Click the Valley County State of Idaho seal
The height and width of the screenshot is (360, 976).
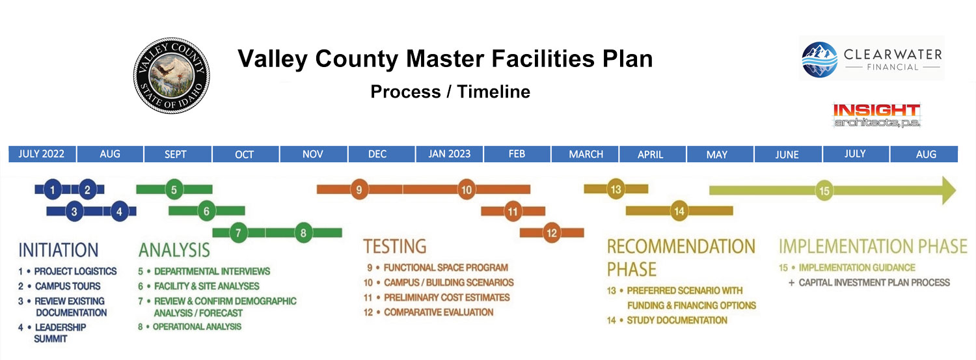(171, 76)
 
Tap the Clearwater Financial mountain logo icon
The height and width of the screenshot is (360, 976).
(819, 60)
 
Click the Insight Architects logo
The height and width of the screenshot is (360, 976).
(876, 115)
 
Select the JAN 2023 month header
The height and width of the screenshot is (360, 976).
(449, 154)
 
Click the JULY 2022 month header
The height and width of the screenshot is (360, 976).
(42, 154)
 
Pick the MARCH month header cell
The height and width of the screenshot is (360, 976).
(585, 154)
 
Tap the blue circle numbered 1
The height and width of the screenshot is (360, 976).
(53, 189)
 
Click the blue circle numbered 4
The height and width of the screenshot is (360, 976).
(119, 212)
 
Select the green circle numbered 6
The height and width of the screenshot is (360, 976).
(206, 212)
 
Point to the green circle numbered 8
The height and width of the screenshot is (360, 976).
(303, 233)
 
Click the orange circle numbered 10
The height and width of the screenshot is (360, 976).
(467, 189)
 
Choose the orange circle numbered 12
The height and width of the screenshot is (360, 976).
(552, 233)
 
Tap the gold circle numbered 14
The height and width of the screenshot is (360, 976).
(679, 212)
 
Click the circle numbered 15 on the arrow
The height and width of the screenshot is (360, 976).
(824, 191)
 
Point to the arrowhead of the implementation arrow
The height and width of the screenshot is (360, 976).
(949, 191)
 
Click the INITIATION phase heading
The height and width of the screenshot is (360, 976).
(59, 250)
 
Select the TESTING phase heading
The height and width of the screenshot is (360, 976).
(395, 246)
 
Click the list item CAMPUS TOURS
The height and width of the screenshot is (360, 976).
(68, 286)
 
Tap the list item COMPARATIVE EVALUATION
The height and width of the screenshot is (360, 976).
(439, 312)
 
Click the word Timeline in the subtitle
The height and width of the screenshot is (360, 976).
(494, 92)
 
